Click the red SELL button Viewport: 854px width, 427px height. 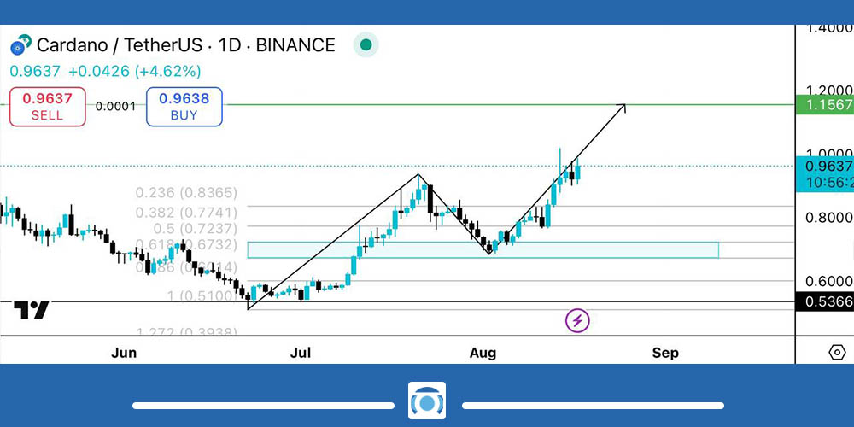pyautogui.click(x=48, y=107)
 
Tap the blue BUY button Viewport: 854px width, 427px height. pyautogui.click(x=184, y=107)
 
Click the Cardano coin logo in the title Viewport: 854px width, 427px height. pyautogui.click(x=20, y=44)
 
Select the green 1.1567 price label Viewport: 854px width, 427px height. pyautogui.click(x=824, y=104)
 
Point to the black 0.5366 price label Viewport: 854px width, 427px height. pyautogui.click(x=824, y=301)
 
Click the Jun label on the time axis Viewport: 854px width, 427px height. pyautogui.click(x=125, y=353)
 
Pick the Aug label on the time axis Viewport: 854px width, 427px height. pyautogui.click(x=483, y=353)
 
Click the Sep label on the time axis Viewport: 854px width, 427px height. pyautogui.click(x=665, y=353)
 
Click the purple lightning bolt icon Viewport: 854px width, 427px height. pyautogui.click(x=578, y=321)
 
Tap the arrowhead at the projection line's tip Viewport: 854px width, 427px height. pyautogui.click(x=623, y=106)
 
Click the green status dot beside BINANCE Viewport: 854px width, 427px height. pyautogui.click(x=366, y=44)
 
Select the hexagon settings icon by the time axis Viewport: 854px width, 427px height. pyautogui.click(x=837, y=353)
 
